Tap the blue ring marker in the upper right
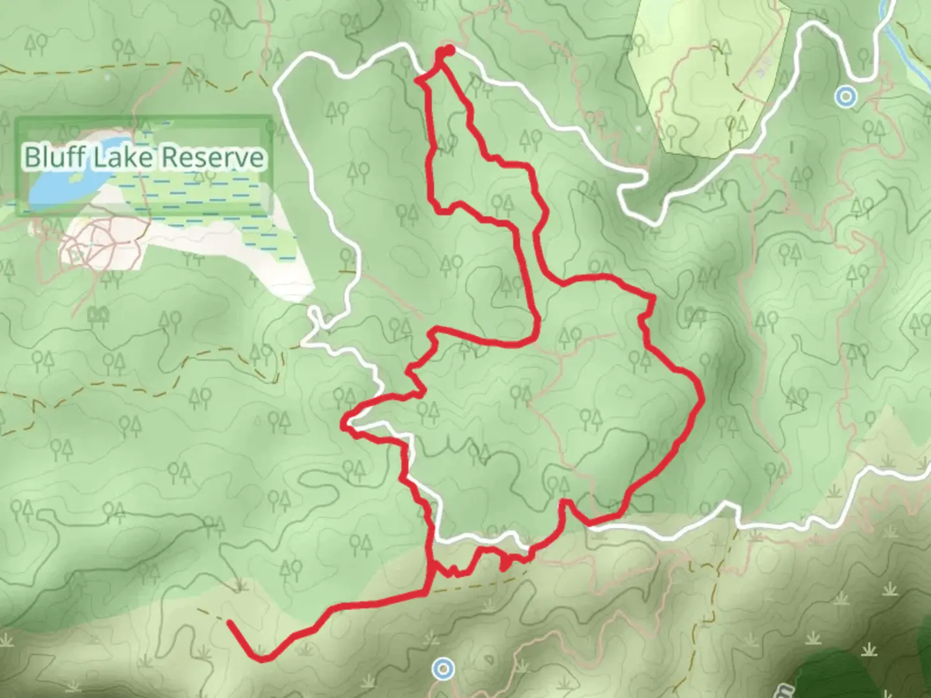(x=845, y=98)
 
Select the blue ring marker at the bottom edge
(x=443, y=668)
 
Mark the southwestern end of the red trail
(x=230, y=622)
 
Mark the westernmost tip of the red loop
(x=343, y=423)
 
